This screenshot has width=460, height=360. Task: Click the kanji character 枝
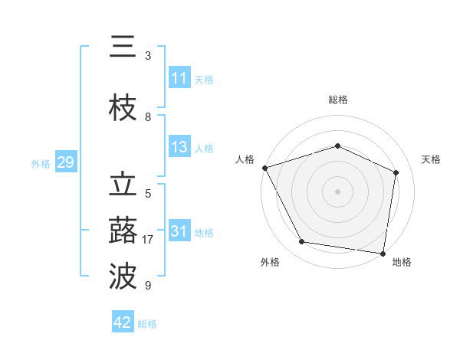coord(123,109)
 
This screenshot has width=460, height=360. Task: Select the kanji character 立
coord(123,186)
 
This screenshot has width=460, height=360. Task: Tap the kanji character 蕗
coord(123,231)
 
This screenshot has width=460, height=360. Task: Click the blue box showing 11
coord(179,78)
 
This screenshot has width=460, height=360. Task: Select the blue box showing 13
coord(179,147)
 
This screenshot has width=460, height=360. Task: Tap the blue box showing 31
coord(179,231)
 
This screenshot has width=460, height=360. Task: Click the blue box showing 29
coord(65,162)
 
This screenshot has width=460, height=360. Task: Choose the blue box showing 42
coord(123,322)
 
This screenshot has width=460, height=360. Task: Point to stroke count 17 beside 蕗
coord(148,240)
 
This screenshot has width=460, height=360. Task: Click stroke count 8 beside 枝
coord(148,117)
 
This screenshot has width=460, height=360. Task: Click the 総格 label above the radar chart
coord(337,100)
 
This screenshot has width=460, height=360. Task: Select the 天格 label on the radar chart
coord(431,159)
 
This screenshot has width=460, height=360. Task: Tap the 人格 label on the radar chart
coord(245,159)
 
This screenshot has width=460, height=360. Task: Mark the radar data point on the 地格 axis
coord(383,253)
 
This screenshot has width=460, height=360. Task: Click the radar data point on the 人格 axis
coord(264,168)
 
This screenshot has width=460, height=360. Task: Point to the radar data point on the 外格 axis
coord(302,242)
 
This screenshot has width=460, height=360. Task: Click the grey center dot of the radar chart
coord(337,191)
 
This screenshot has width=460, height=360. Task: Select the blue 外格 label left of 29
coord(41,163)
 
